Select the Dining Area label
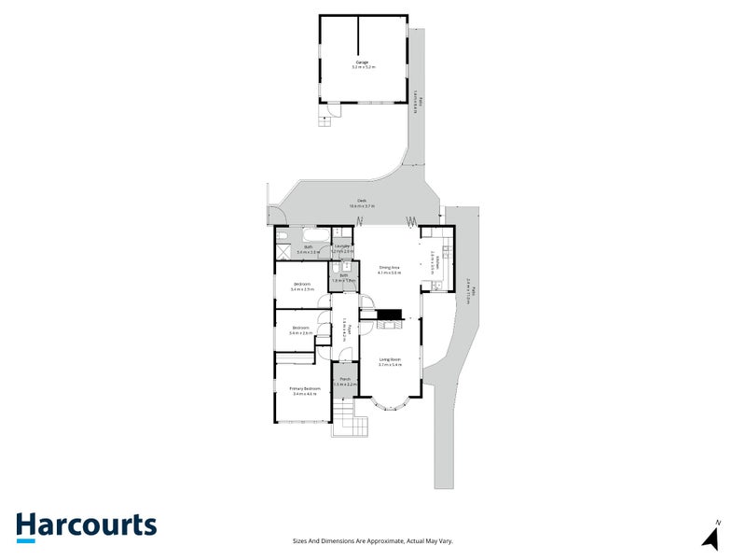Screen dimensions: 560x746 (389, 268)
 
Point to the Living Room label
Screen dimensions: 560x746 (390, 359)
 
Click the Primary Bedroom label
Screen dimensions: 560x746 (306, 388)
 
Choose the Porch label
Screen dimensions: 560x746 (345, 379)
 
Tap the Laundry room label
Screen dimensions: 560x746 (343, 246)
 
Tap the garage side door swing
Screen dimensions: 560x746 (327, 114)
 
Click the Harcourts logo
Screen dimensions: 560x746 (86, 525)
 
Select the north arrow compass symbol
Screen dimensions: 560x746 (711, 537)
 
